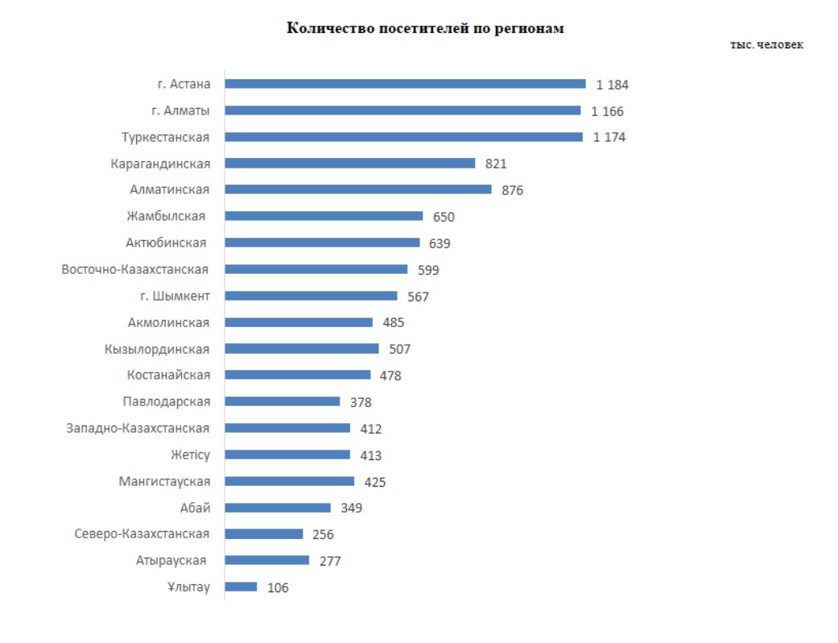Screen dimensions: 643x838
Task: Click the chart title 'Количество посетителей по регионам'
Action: pyautogui.click(x=426, y=29)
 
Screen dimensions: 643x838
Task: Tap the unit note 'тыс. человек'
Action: pyautogui.click(x=766, y=45)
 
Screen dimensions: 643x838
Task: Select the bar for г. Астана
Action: pyautogui.click(x=405, y=84)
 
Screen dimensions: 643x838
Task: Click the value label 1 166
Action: pyautogui.click(x=607, y=111)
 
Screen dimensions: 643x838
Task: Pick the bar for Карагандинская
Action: pyautogui.click(x=350, y=164)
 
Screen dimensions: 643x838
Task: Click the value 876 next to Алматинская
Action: pyautogui.click(x=512, y=191)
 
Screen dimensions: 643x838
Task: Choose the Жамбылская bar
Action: pyautogui.click(x=324, y=216)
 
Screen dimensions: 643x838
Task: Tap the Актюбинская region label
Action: pyautogui.click(x=166, y=243)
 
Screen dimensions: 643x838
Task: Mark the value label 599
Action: pyautogui.click(x=428, y=270)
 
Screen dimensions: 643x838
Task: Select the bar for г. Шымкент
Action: pyautogui.click(x=311, y=296)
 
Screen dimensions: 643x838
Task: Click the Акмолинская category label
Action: pyautogui.click(x=168, y=322)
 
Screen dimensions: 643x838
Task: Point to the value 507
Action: pyautogui.click(x=399, y=350)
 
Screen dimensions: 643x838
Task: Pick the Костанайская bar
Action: pyautogui.click(x=298, y=375)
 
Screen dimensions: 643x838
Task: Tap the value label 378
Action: pyautogui.click(x=361, y=402)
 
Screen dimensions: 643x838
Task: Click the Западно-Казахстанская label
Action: pyautogui.click(x=138, y=428)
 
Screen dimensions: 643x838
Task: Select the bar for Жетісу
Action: pyautogui.click(x=287, y=454)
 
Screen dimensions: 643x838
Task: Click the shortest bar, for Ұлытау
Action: pyautogui.click(x=241, y=587)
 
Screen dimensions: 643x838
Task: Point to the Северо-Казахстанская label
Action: pyautogui.click(x=142, y=533)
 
